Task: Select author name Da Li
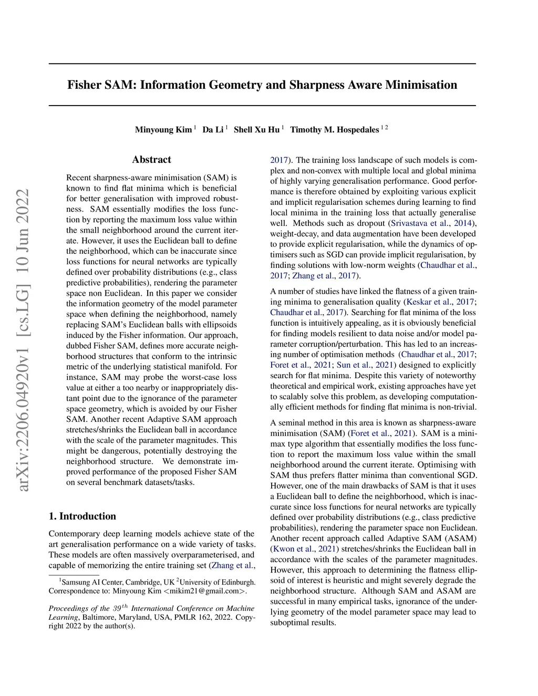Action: [213, 130]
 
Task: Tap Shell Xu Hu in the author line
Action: [256, 130]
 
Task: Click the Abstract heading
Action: [151, 160]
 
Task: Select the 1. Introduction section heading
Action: [82, 516]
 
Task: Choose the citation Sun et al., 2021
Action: [367, 365]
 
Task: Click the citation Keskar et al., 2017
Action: [440, 302]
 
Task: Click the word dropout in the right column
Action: [371, 223]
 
